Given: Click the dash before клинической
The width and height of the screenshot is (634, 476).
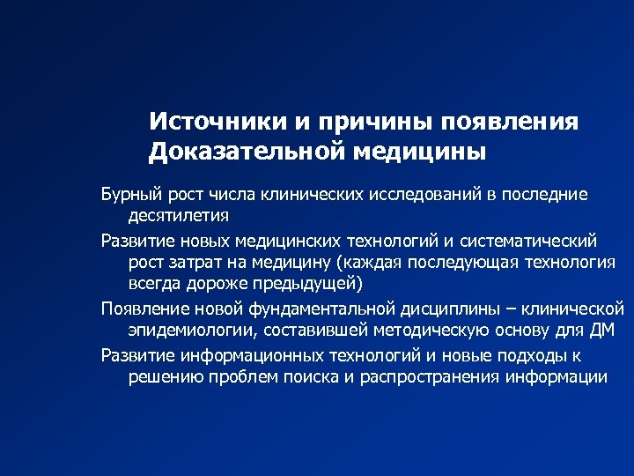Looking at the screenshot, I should tap(512, 309).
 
